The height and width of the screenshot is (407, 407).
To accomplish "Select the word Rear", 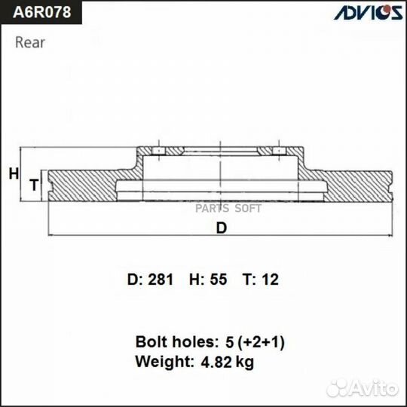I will (x=30, y=42).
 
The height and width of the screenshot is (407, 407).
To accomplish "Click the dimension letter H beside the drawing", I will (x=13, y=174).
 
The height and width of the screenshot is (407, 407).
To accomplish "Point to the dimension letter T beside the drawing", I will (x=33, y=185).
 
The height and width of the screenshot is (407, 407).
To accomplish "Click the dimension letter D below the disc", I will (x=221, y=229).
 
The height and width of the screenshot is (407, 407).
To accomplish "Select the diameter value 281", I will (x=160, y=280).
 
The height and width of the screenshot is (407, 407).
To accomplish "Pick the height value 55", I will (x=218, y=280).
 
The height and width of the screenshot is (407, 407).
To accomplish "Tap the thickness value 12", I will (x=270, y=280).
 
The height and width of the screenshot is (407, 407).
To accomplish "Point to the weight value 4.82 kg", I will (x=226, y=362).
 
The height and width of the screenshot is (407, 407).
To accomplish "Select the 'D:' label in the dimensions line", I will (x=134, y=280).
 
